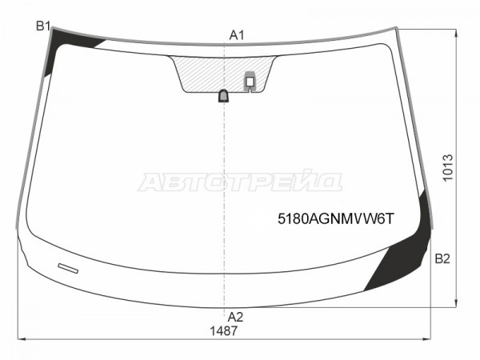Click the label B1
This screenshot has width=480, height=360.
[43, 26]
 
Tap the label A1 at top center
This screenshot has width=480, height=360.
[237, 35]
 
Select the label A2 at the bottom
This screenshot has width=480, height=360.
[235, 317]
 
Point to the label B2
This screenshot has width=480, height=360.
[442, 259]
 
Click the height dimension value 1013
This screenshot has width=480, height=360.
[447, 168]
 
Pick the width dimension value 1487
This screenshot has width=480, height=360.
[223, 331]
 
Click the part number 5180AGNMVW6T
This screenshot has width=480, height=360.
[336, 219]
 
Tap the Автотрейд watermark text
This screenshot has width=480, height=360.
[240, 181]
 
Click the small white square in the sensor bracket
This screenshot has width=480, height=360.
[250, 82]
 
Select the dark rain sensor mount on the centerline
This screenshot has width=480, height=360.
[224, 96]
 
